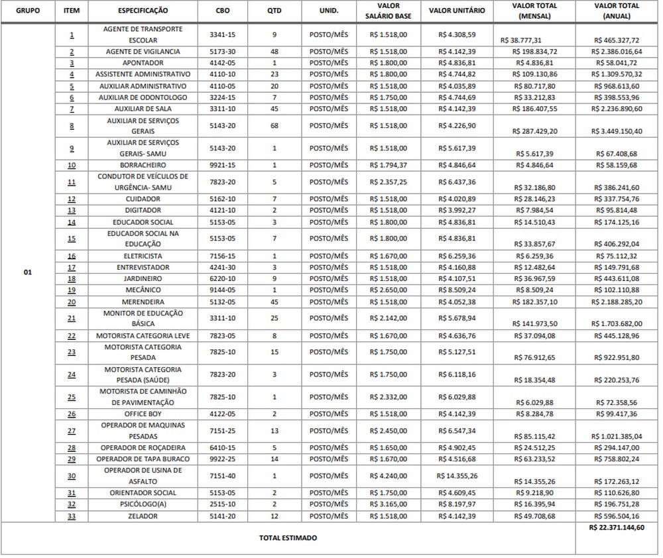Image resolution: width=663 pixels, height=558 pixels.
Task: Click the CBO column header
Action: pyautogui.click(x=222, y=11)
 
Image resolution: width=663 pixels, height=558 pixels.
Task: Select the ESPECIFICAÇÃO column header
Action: pyautogui.click(x=143, y=11)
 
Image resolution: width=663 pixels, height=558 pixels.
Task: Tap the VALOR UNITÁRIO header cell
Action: pyautogui.click(x=457, y=11)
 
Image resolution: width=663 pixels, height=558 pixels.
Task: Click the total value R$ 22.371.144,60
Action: pyautogui.click(x=616, y=528)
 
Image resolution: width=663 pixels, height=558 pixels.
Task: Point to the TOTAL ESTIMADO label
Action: pyautogui.click(x=288, y=538)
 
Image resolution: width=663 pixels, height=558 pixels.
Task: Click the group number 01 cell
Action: pyautogui.click(x=27, y=272)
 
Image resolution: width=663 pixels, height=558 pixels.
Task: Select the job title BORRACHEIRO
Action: pyautogui.click(x=143, y=165)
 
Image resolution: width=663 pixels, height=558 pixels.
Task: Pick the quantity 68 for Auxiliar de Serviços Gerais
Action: pyautogui.click(x=274, y=126)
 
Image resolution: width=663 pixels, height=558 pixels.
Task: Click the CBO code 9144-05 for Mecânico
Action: pyautogui.click(x=222, y=290)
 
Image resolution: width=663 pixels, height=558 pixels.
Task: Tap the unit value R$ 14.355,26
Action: pyautogui.click(x=457, y=475)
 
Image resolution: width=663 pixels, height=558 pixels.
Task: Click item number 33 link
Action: pyautogui.click(x=71, y=516)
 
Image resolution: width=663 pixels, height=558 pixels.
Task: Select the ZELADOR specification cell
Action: pyautogui.click(x=143, y=516)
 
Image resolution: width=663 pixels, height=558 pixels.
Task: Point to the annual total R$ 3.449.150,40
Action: pyautogui.click(x=616, y=132)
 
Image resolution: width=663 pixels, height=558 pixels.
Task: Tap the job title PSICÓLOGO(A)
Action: pyautogui.click(x=143, y=504)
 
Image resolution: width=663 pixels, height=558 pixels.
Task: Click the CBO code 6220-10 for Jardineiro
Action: pyautogui.click(x=222, y=279)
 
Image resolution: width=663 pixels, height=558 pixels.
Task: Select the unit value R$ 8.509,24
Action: pyautogui.click(x=457, y=290)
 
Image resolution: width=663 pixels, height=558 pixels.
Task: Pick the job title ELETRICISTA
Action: pyautogui.click(x=143, y=256)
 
